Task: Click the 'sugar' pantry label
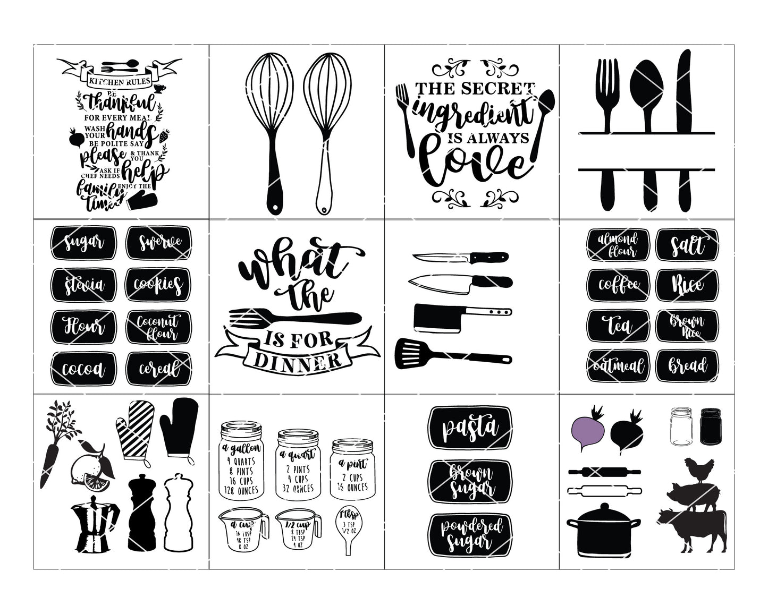click(x=83, y=243)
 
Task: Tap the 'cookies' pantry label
click(x=158, y=284)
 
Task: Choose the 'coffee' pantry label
click(x=619, y=284)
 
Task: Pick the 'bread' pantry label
click(x=687, y=366)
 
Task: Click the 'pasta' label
click(x=470, y=427)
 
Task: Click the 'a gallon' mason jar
click(x=242, y=467)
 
